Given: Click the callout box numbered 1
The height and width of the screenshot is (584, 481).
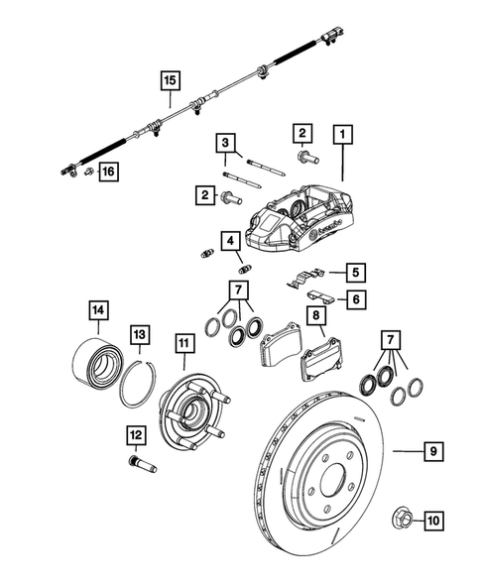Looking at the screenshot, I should (343, 132).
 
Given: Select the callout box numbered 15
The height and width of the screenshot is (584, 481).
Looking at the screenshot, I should (170, 78).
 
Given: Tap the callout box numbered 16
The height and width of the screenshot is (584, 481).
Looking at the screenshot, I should (106, 173).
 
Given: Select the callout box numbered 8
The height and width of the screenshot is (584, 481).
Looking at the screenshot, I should (316, 317).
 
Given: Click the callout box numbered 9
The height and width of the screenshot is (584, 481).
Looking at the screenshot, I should (433, 451).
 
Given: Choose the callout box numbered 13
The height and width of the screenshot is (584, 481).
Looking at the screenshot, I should (140, 335).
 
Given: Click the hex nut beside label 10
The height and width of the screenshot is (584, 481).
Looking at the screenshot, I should (402, 517).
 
